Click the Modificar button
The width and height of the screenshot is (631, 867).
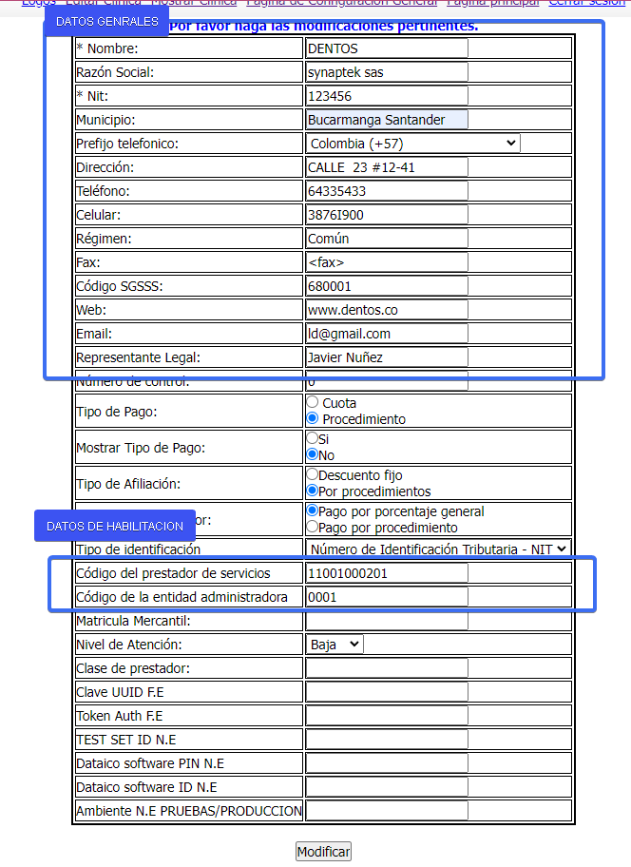(323, 851)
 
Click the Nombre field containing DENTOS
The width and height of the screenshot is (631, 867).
(387, 48)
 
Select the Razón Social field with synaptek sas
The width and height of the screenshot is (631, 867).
(387, 72)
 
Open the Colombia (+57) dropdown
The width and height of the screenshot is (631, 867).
(413, 144)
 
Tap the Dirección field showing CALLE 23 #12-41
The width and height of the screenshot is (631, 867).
(387, 167)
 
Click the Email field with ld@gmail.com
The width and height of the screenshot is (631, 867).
(387, 334)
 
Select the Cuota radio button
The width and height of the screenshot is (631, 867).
(312, 403)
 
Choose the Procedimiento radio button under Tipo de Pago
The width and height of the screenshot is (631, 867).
(312, 418)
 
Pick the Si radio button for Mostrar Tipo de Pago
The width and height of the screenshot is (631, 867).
(312, 439)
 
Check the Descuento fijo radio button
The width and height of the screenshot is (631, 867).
(312, 473)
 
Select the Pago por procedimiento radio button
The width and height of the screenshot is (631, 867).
(312, 527)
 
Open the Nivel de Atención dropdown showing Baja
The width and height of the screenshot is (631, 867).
(335, 644)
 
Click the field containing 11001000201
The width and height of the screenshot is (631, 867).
(387, 573)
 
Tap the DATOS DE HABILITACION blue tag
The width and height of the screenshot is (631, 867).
(114, 526)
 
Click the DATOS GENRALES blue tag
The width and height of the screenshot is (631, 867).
(106, 21)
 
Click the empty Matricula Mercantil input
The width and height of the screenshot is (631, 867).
(387, 621)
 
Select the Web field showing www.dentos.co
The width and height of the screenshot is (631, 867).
(387, 310)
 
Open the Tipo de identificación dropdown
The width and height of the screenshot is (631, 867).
(438, 549)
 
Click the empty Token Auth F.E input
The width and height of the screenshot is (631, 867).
(387, 716)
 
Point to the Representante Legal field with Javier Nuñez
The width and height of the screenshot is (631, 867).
(387, 357)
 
